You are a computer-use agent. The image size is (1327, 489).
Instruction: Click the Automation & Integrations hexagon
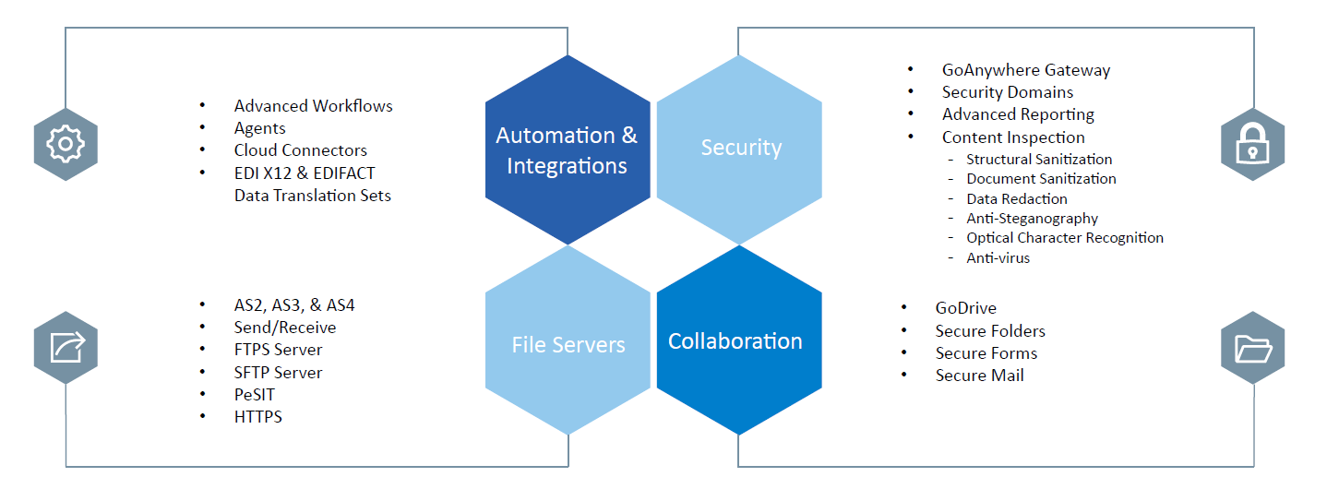[567, 150]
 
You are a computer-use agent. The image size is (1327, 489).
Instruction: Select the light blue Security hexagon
[740, 148]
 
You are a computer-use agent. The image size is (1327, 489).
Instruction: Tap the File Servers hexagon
[568, 344]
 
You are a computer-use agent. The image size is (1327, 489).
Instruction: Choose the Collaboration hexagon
[735, 341]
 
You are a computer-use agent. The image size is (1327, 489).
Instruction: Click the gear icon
[66, 144]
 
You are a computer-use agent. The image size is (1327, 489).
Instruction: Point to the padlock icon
[1252, 144]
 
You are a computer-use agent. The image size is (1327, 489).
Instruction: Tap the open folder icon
[1252, 348]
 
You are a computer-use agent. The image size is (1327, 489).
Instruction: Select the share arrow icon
[66, 348]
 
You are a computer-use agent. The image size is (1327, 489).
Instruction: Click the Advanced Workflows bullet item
[313, 106]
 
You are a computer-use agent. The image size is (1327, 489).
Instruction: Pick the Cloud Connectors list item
[300, 150]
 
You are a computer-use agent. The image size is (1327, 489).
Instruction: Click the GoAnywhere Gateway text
[1025, 70]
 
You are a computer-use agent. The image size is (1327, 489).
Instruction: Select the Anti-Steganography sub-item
[1032, 219]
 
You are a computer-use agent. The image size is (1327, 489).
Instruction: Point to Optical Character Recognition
[1064, 238]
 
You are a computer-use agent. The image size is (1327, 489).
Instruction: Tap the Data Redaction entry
[1016, 198]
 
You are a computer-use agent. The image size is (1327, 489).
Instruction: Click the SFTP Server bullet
[278, 373]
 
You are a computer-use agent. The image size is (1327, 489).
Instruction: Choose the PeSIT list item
[254, 395]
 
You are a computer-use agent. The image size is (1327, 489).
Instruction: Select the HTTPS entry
[257, 417]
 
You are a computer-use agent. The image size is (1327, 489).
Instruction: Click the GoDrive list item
[965, 308]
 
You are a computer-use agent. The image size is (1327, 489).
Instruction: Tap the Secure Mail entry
[979, 376]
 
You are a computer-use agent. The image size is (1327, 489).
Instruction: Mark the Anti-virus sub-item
[998, 258]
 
